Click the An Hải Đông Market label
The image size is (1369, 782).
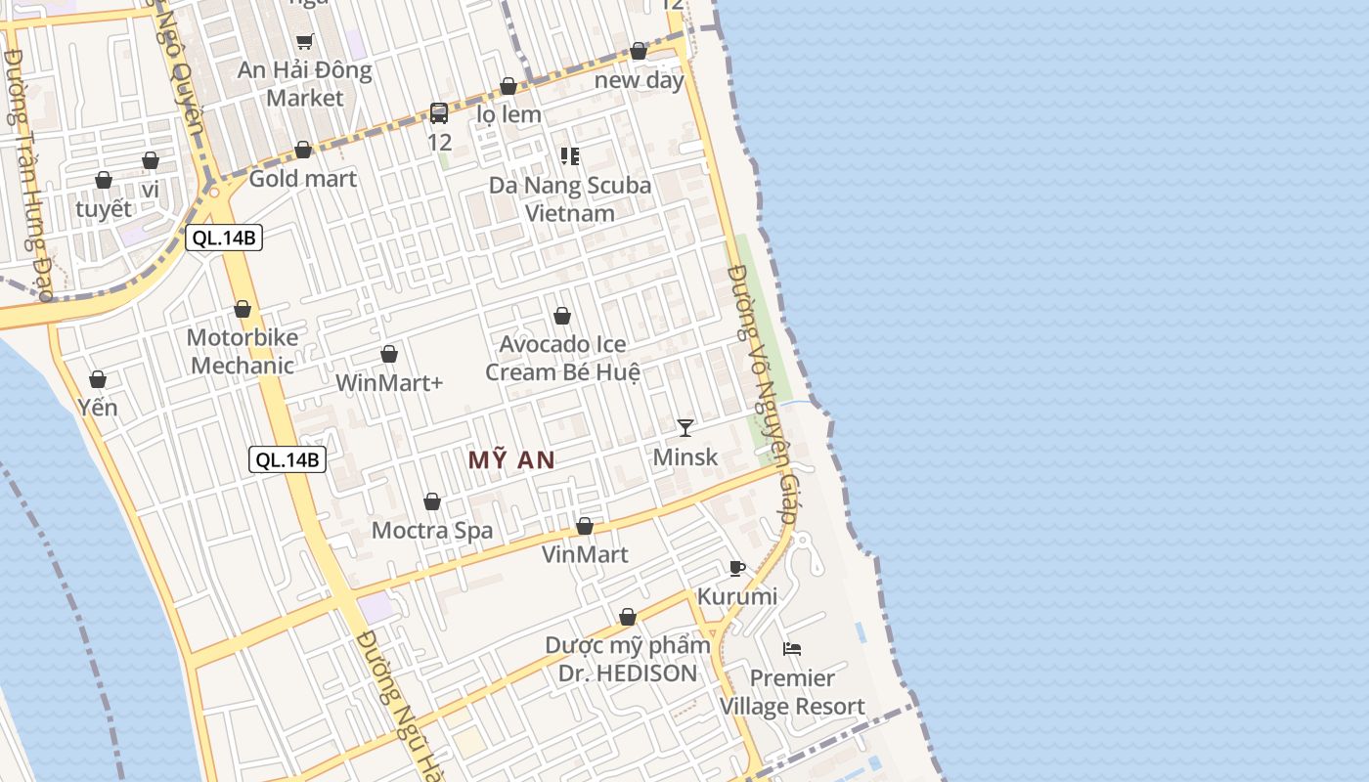(x=305, y=84)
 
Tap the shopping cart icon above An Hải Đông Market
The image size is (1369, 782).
(x=304, y=41)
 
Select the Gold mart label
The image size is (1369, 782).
(x=303, y=179)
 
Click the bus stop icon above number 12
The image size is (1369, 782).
(x=439, y=113)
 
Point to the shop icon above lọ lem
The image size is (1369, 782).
(x=508, y=86)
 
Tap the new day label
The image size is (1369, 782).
(x=640, y=80)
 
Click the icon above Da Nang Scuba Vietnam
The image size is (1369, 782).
(x=569, y=156)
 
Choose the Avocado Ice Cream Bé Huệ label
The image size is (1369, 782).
(x=562, y=358)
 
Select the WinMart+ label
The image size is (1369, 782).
(x=389, y=382)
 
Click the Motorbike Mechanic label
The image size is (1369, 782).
(x=243, y=352)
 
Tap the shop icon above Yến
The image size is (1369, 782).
(x=98, y=379)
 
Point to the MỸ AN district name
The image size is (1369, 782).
(x=511, y=460)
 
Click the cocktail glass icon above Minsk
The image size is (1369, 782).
(x=685, y=427)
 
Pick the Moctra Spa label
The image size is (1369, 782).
(x=432, y=531)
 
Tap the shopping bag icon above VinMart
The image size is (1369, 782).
(x=585, y=526)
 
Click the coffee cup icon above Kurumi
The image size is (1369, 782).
(x=737, y=568)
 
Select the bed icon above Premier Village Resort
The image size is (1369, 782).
(x=792, y=648)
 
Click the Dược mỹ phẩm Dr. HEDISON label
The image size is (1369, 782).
(x=628, y=659)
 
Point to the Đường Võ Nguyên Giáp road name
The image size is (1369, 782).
(x=769, y=394)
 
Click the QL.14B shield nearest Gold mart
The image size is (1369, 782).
(x=224, y=238)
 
